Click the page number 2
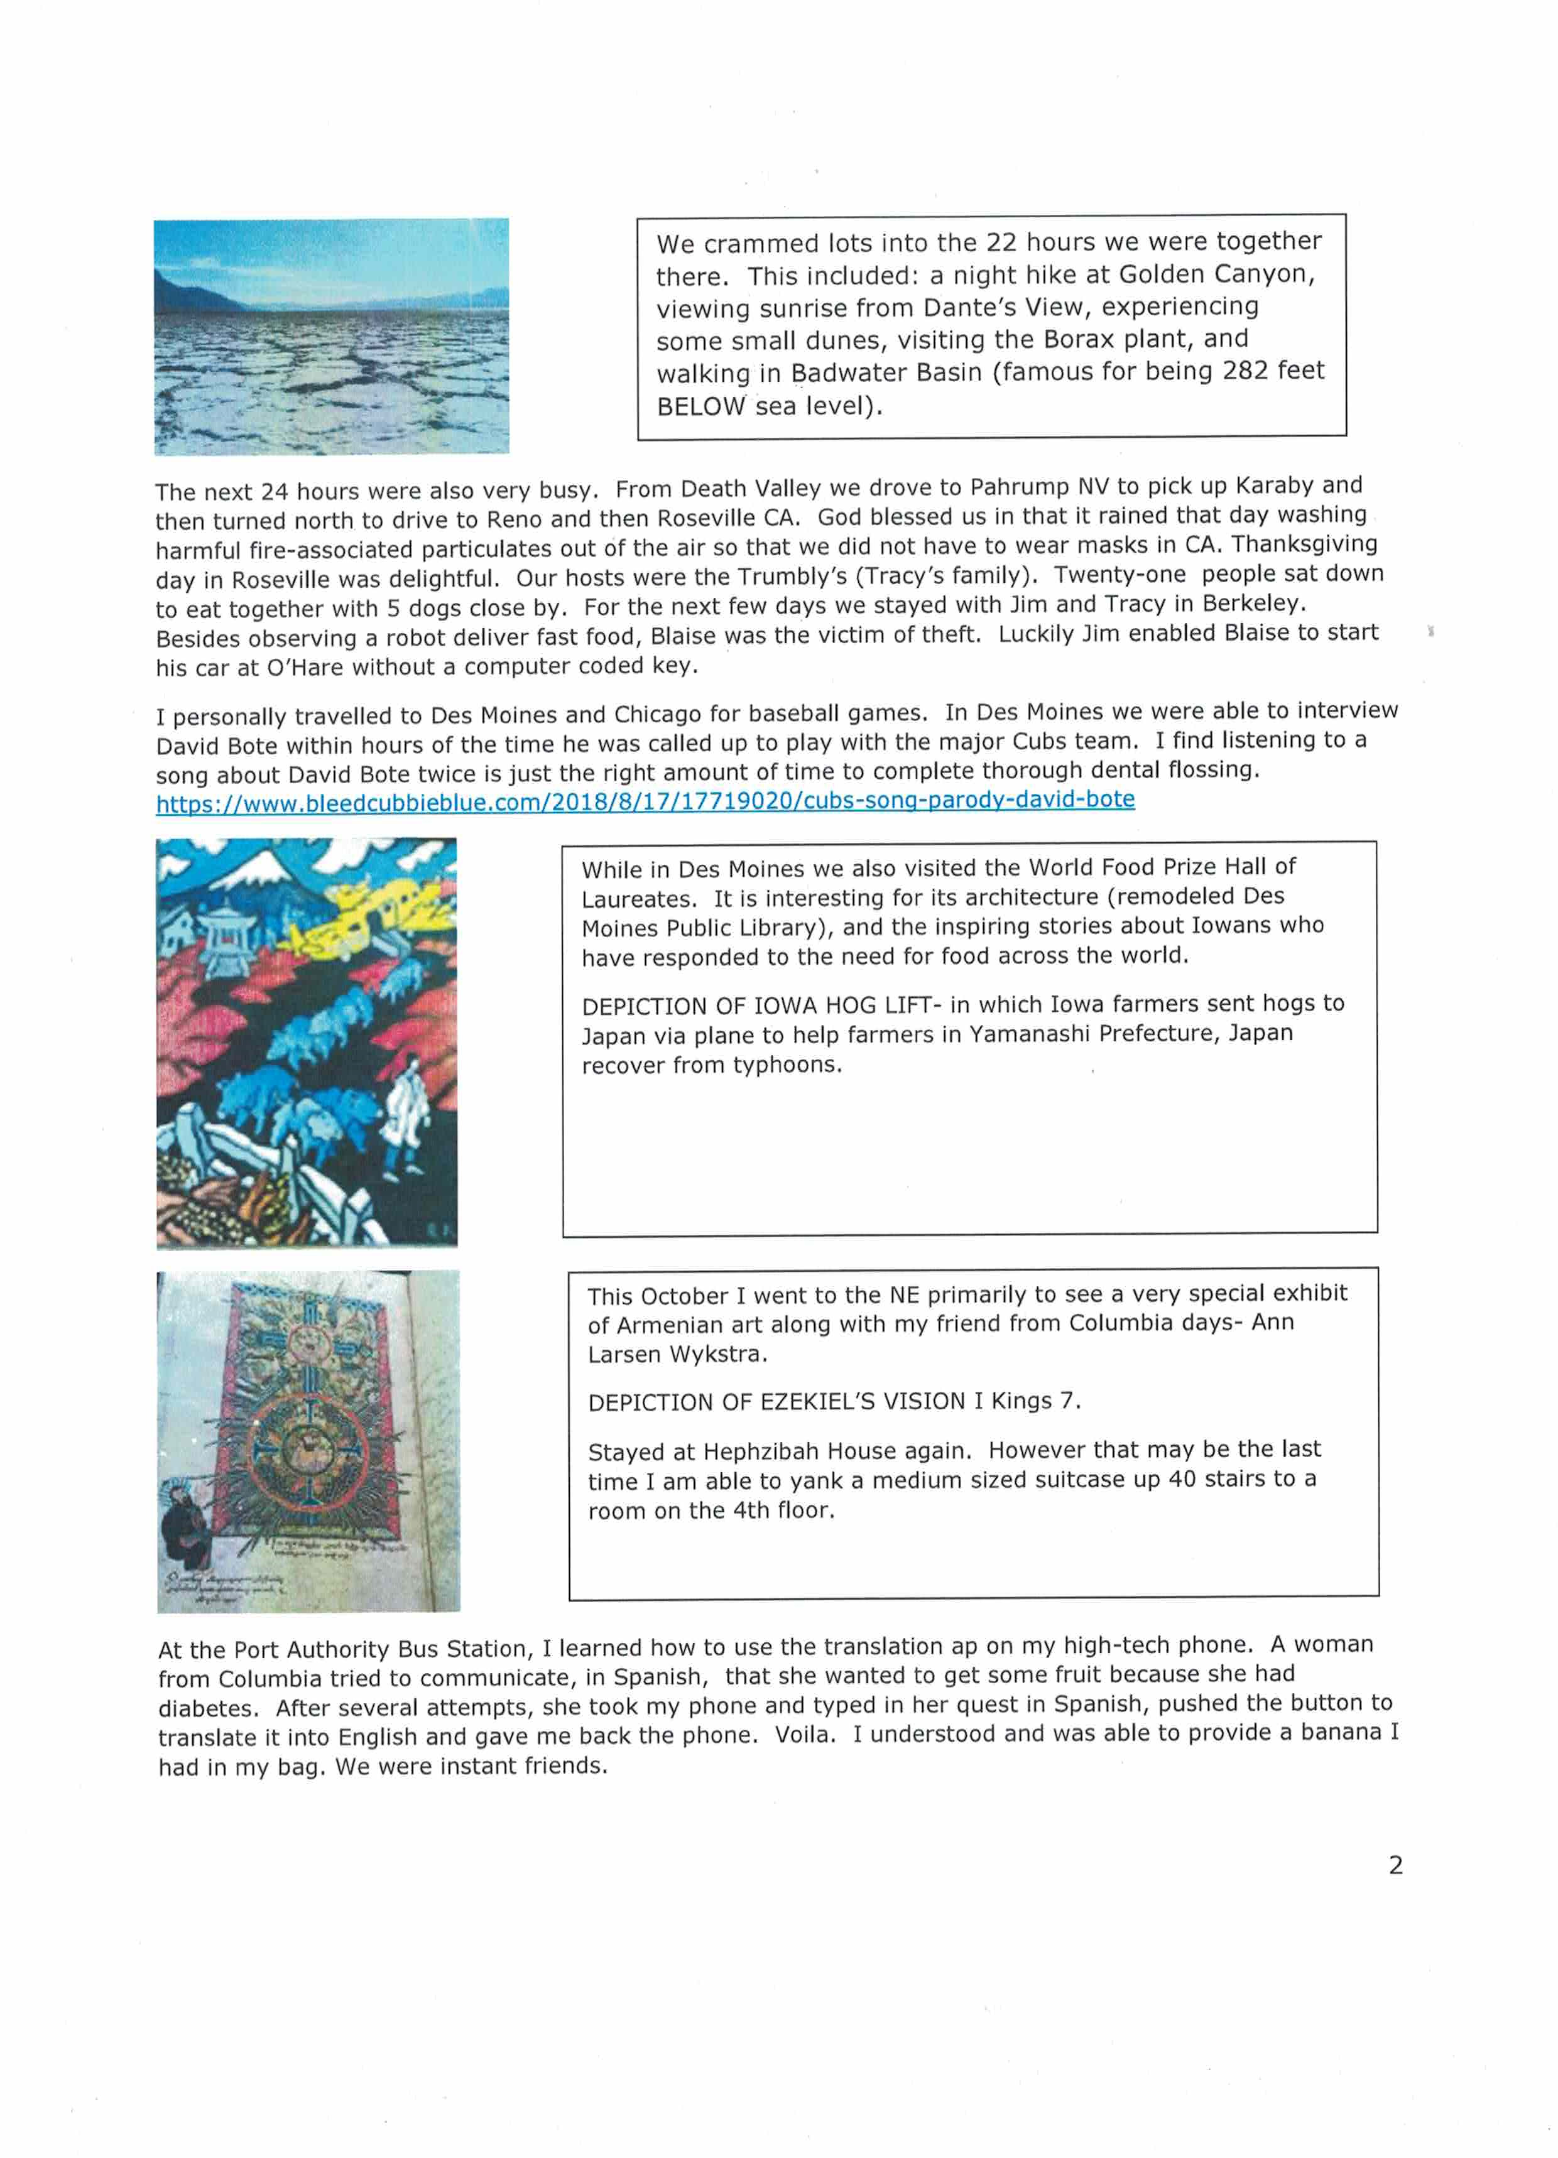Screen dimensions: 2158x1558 [x=1395, y=1865]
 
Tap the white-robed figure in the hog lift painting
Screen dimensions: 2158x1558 [x=403, y=1109]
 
